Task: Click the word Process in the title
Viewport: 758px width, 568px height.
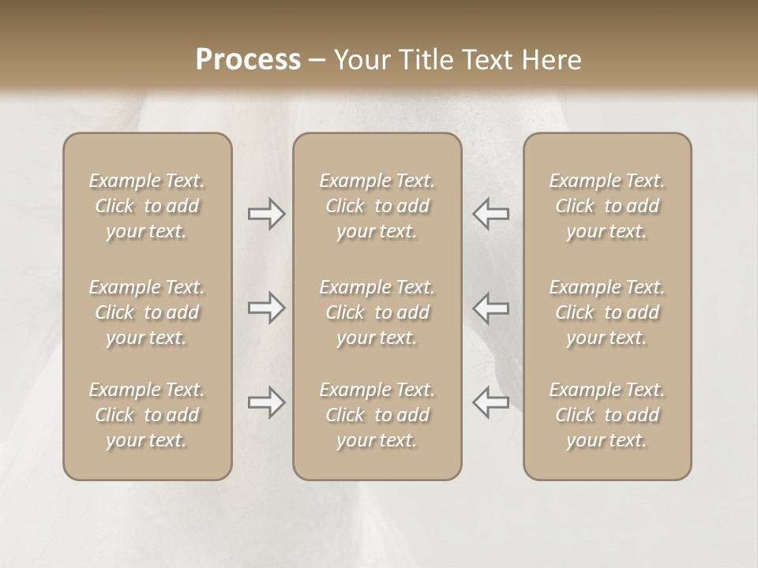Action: pos(248,60)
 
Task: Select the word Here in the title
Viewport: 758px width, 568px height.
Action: pos(551,60)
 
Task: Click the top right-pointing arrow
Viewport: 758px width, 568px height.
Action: pos(266,214)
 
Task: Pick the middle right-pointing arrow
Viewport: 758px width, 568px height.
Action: pos(266,308)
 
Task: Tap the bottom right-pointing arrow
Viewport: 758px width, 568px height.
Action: pos(266,402)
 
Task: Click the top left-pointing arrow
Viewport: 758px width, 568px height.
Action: pos(490,214)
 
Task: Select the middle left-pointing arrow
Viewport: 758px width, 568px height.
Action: pos(490,308)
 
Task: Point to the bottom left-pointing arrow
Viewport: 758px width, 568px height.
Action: pos(490,402)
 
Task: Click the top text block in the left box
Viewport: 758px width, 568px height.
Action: pos(147,206)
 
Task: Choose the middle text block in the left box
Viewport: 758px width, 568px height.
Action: pos(147,312)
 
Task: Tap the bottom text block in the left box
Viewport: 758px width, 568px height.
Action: pos(147,415)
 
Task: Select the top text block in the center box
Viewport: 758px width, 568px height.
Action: pos(377,206)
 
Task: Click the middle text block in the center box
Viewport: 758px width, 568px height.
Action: pos(377,312)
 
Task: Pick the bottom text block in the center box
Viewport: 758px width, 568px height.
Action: pos(377,415)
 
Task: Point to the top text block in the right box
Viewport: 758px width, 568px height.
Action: pos(606,206)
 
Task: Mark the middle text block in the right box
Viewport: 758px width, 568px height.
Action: pos(606,312)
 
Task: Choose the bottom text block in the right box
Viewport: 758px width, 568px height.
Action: pos(606,415)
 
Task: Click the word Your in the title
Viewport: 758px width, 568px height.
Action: pos(358,60)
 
